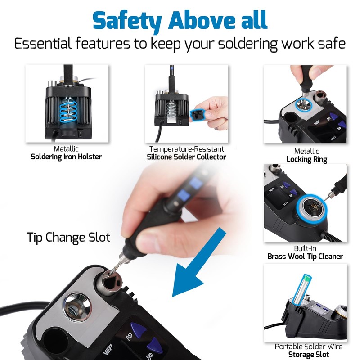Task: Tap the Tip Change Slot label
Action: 68,237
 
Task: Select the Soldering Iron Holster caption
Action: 66,157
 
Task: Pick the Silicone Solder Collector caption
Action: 186,157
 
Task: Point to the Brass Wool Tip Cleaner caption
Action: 305,256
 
